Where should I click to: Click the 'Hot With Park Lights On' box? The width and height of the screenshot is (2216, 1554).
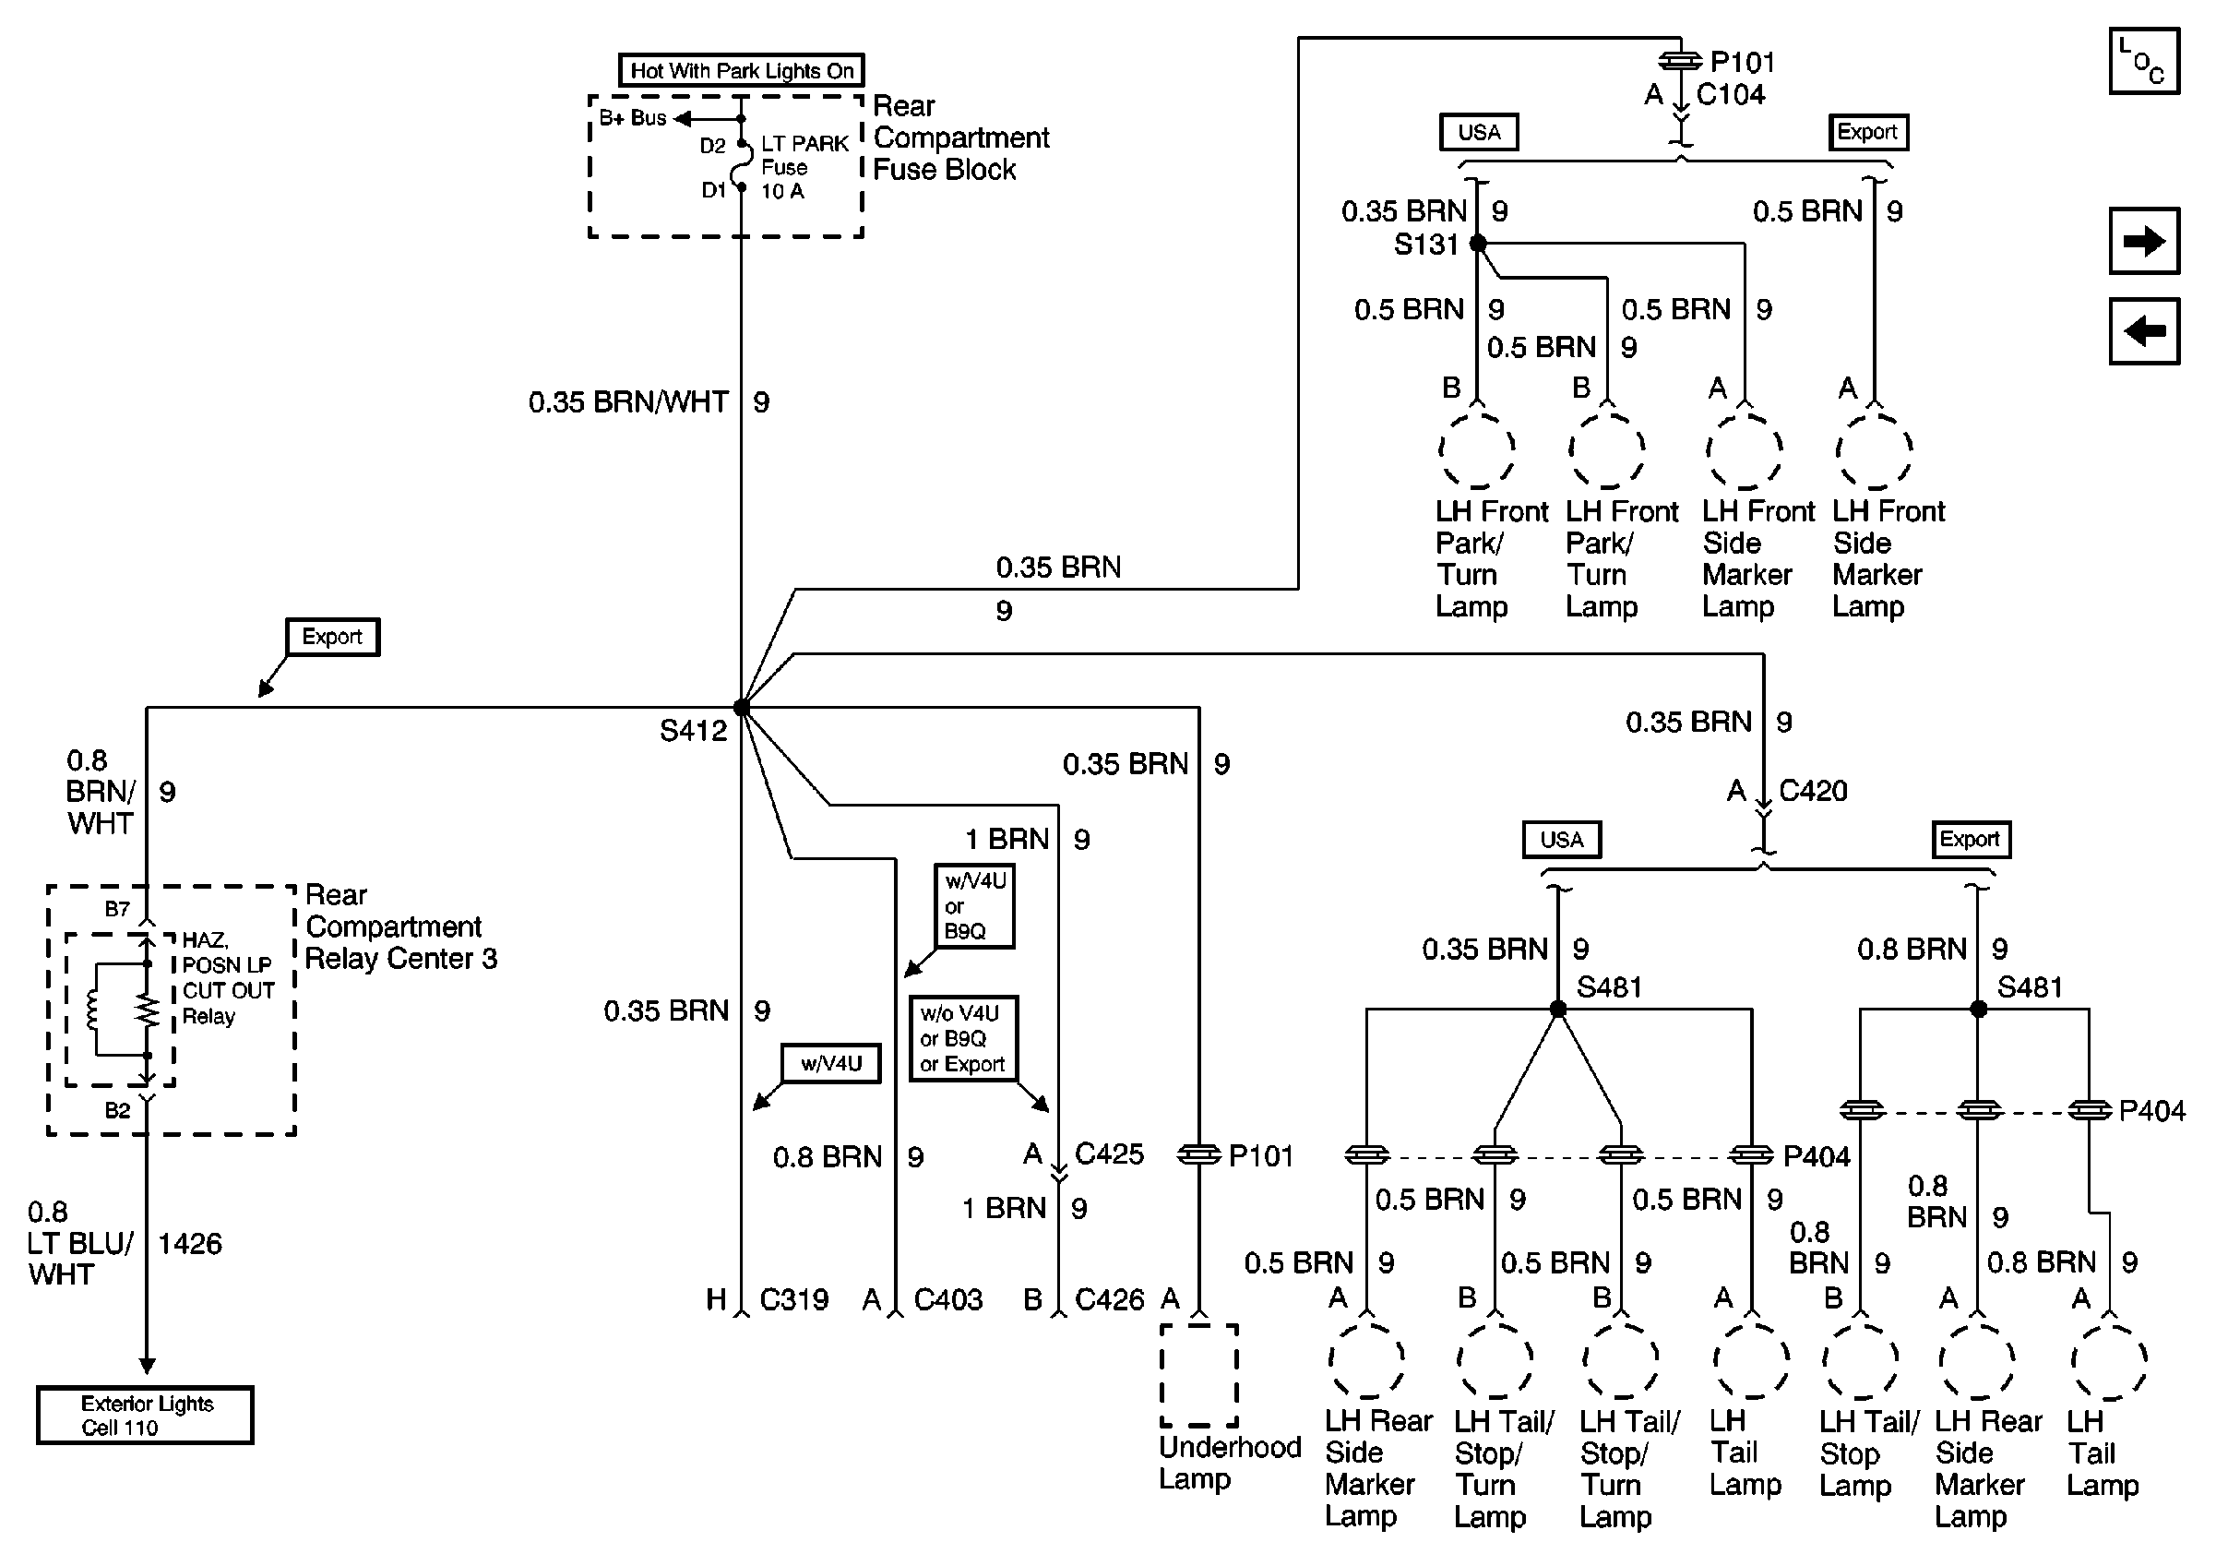point(740,70)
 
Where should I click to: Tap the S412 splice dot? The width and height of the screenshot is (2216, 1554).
point(741,708)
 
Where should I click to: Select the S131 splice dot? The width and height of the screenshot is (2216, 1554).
point(1478,244)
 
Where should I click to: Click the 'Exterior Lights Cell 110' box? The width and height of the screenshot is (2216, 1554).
point(145,1415)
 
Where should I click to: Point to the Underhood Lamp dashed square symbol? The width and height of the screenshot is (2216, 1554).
point(1198,1374)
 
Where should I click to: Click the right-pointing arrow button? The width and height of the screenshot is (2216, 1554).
point(2144,240)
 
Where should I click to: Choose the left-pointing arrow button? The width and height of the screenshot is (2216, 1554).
point(2144,331)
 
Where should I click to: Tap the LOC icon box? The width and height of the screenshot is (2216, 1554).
point(2144,62)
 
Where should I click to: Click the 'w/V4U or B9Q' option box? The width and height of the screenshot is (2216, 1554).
point(974,905)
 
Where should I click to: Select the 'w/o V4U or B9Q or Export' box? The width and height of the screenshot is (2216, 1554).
point(962,1038)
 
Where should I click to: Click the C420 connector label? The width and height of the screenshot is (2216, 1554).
point(1813,792)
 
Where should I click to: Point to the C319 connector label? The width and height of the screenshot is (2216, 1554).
point(793,1300)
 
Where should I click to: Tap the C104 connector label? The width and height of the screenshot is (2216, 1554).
point(1731,95)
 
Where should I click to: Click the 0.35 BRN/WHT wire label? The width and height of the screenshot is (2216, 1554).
point(628,402)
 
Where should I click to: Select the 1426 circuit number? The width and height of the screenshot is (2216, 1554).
point(189,1243)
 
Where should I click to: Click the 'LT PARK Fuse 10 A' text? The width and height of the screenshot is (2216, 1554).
point(803,167)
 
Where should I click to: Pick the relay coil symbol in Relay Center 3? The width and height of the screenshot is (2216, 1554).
point(93,1010)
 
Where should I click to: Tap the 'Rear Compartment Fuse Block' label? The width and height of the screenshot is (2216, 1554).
point(960,138)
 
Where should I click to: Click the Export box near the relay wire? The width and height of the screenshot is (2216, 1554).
point(332,637)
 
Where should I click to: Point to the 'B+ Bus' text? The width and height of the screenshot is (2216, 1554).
point(633,118)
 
